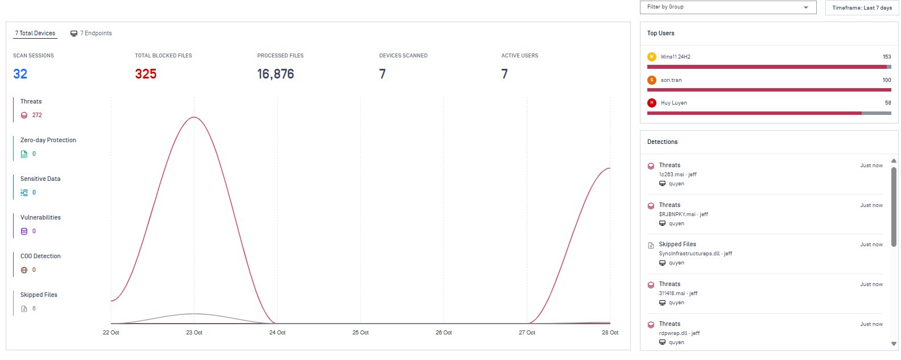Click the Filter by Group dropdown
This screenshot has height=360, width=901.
click(x=728, y=7)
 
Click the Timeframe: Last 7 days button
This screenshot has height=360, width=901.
click(x=861, y=8)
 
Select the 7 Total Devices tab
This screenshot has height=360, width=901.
click(x=35, y=34)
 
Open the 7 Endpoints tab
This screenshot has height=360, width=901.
click(x=91, y=34)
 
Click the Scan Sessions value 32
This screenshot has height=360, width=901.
click(x=20, y=74)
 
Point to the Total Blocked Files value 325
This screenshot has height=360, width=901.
click(x=146, y=74)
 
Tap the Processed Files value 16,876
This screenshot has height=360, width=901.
click(x=275, y=74)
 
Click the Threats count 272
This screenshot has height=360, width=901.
click(x=37, y=115)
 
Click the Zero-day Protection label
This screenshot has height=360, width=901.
click(x=48, y=140)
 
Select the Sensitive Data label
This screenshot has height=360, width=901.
click(x=40, y=179)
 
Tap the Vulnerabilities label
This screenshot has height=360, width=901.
click(x=40, y=218)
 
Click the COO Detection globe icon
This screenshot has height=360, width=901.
click(x=24, y=270)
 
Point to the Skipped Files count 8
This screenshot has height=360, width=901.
click(x=34, y=309)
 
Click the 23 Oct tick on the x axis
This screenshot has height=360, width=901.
click(x=194, y=333)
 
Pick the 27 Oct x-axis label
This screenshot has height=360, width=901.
click(x=527, y=333)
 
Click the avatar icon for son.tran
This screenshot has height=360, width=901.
click(x=652, y=80)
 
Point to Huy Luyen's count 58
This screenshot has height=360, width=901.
click(x=888, y=103)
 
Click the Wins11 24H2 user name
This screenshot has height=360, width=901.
click(x=676, y=57)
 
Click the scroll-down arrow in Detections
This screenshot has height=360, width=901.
click(x=894, y=344)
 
